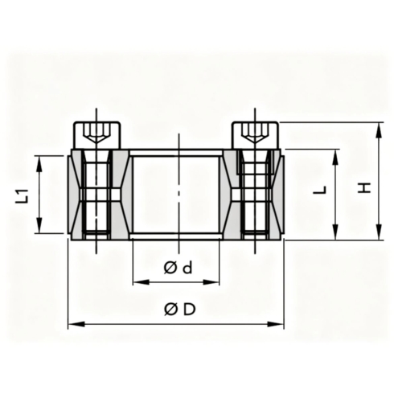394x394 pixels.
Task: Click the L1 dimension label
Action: tap(23, 195)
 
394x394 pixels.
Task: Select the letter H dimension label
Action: tap(365, 188)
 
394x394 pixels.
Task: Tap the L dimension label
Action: tap(320, 190)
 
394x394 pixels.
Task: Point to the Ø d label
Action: tap(178, 268)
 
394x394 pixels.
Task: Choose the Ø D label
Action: tap(180, 310)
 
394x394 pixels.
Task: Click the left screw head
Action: tap(97, 135)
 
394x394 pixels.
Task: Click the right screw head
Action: tap(256, 135)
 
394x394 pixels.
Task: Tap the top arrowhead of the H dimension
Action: tap(379, 130)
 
